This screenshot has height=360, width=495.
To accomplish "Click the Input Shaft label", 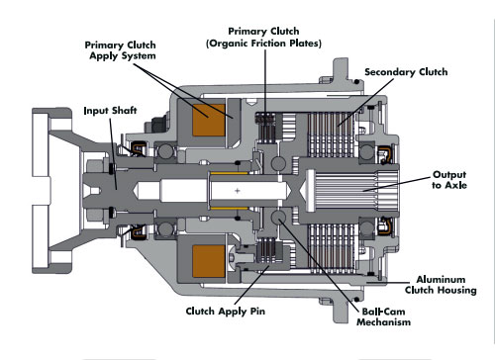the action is point(110,111).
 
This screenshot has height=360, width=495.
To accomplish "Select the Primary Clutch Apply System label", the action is point(121,50).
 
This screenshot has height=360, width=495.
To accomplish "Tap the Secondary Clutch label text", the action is point(406,72).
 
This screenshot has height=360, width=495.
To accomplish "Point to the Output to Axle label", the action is point(449,180).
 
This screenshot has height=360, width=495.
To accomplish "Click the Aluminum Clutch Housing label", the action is point(441,285).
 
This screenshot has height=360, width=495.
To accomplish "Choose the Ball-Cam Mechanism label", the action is point(383,316).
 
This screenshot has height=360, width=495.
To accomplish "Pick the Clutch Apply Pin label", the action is point(226,312).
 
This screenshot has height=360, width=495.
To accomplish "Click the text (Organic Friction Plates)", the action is point(263,44).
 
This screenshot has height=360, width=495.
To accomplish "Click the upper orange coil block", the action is point(209,121).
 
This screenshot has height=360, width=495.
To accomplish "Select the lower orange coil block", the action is point(209,261).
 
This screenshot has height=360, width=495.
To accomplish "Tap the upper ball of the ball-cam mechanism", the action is point(278,164).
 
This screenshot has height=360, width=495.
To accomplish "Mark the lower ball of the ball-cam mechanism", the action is point(278,218).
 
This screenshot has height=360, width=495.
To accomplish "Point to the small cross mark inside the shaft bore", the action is point(238,191).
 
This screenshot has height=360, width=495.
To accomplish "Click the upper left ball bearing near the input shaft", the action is point(166,152).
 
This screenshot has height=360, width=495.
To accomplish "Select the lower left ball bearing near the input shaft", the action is point(166,228).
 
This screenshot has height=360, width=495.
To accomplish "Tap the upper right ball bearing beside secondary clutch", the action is point(366,152).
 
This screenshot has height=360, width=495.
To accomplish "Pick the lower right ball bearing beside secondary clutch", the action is point(366,228).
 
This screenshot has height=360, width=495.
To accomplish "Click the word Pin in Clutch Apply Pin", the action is point(257,311).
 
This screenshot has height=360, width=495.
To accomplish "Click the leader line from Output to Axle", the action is point(397,184).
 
